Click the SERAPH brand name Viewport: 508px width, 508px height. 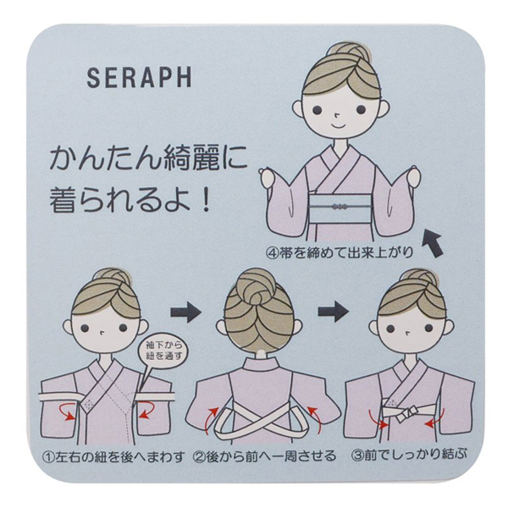click(140, 77)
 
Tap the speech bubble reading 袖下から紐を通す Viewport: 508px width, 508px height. click(159, 351)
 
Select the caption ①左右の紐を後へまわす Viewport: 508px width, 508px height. click(113, 456)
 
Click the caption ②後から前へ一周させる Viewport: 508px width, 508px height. click(264, 456)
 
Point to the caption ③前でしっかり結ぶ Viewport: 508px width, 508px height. click(410, 455)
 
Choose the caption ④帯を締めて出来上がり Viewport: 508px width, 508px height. click(340, 252)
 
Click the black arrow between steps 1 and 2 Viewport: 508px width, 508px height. click(186, 312)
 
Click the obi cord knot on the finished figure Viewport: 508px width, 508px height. click(340, 206)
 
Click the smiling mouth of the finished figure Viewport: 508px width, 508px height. click(338, 124)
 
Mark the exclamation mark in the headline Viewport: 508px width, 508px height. click(205, 200)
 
